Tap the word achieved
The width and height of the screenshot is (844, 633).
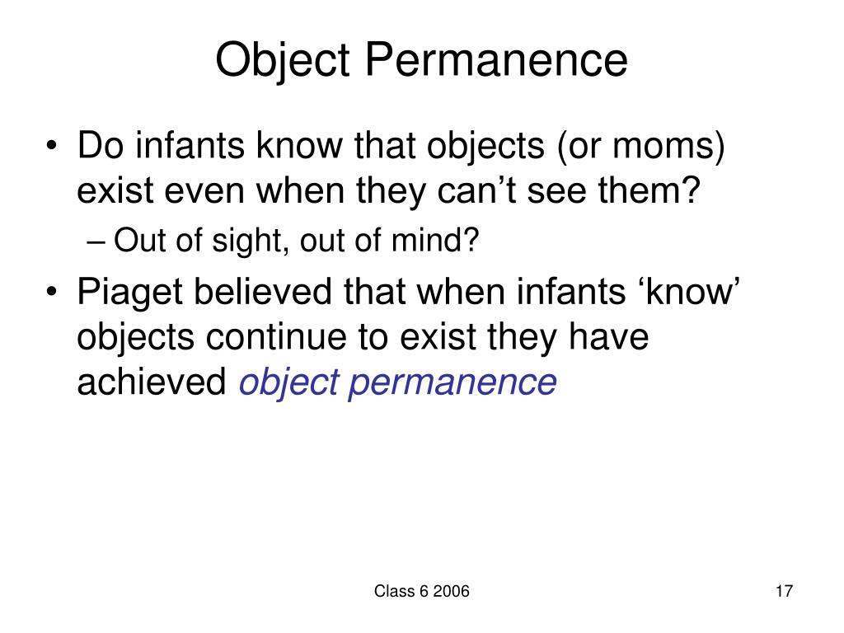[x=152, y=382]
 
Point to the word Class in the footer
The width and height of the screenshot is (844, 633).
[x=392, y=591]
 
